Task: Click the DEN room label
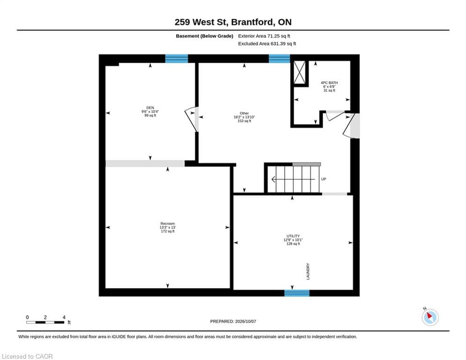coord(150,108)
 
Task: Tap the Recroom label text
coord(168,224)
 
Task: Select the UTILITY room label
coord(293,236)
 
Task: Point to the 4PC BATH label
coord(329,82)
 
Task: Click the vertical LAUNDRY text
coord(308,271)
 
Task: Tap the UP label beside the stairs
coord(324,179)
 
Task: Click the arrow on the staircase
coord(293,180)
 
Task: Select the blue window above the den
coord(177,59)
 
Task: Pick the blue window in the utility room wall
coord(297,293)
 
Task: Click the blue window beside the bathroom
coord(279,59)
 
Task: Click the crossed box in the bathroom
coord(300,72)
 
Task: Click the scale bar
coord(45,322)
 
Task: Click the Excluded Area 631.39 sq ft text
coord(267,44)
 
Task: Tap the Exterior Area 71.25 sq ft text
coord(264,36)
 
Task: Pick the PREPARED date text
coord(233,321)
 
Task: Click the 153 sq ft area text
coord(244,121)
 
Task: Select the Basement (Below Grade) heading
coord(205,36)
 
